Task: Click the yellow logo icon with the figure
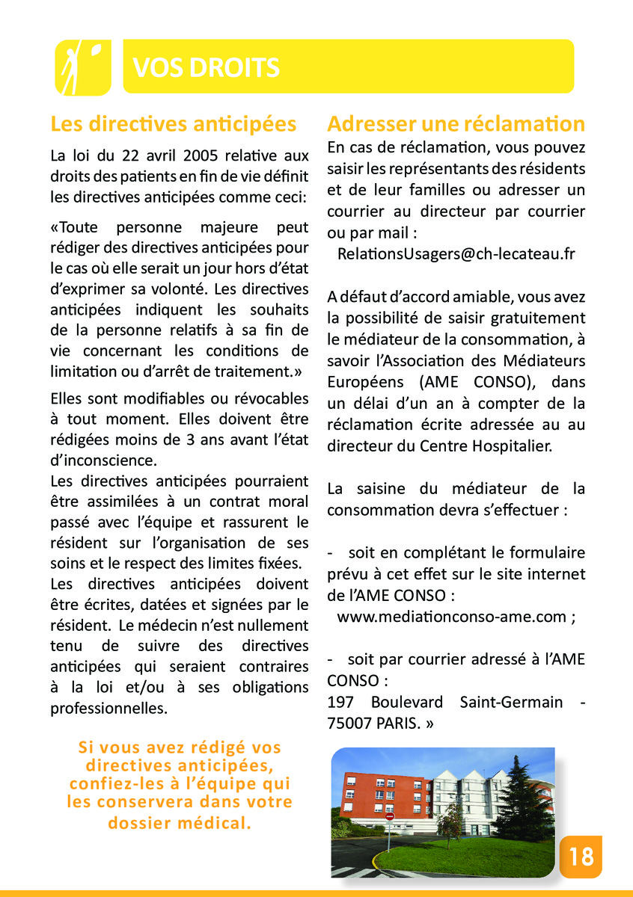click(x=82, y=67)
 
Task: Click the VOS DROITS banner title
click(x=206, y=68)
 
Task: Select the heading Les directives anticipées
click(x=173, y=123)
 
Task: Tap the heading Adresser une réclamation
click(x=456, y=123)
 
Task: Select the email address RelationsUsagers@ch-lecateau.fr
click(x=456, y=253)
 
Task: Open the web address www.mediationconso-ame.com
click(x=452, y=617)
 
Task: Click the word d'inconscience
click(x=103, y=460)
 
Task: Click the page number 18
click(x=581, y=856)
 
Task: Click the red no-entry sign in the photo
click(x=389, y=816)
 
